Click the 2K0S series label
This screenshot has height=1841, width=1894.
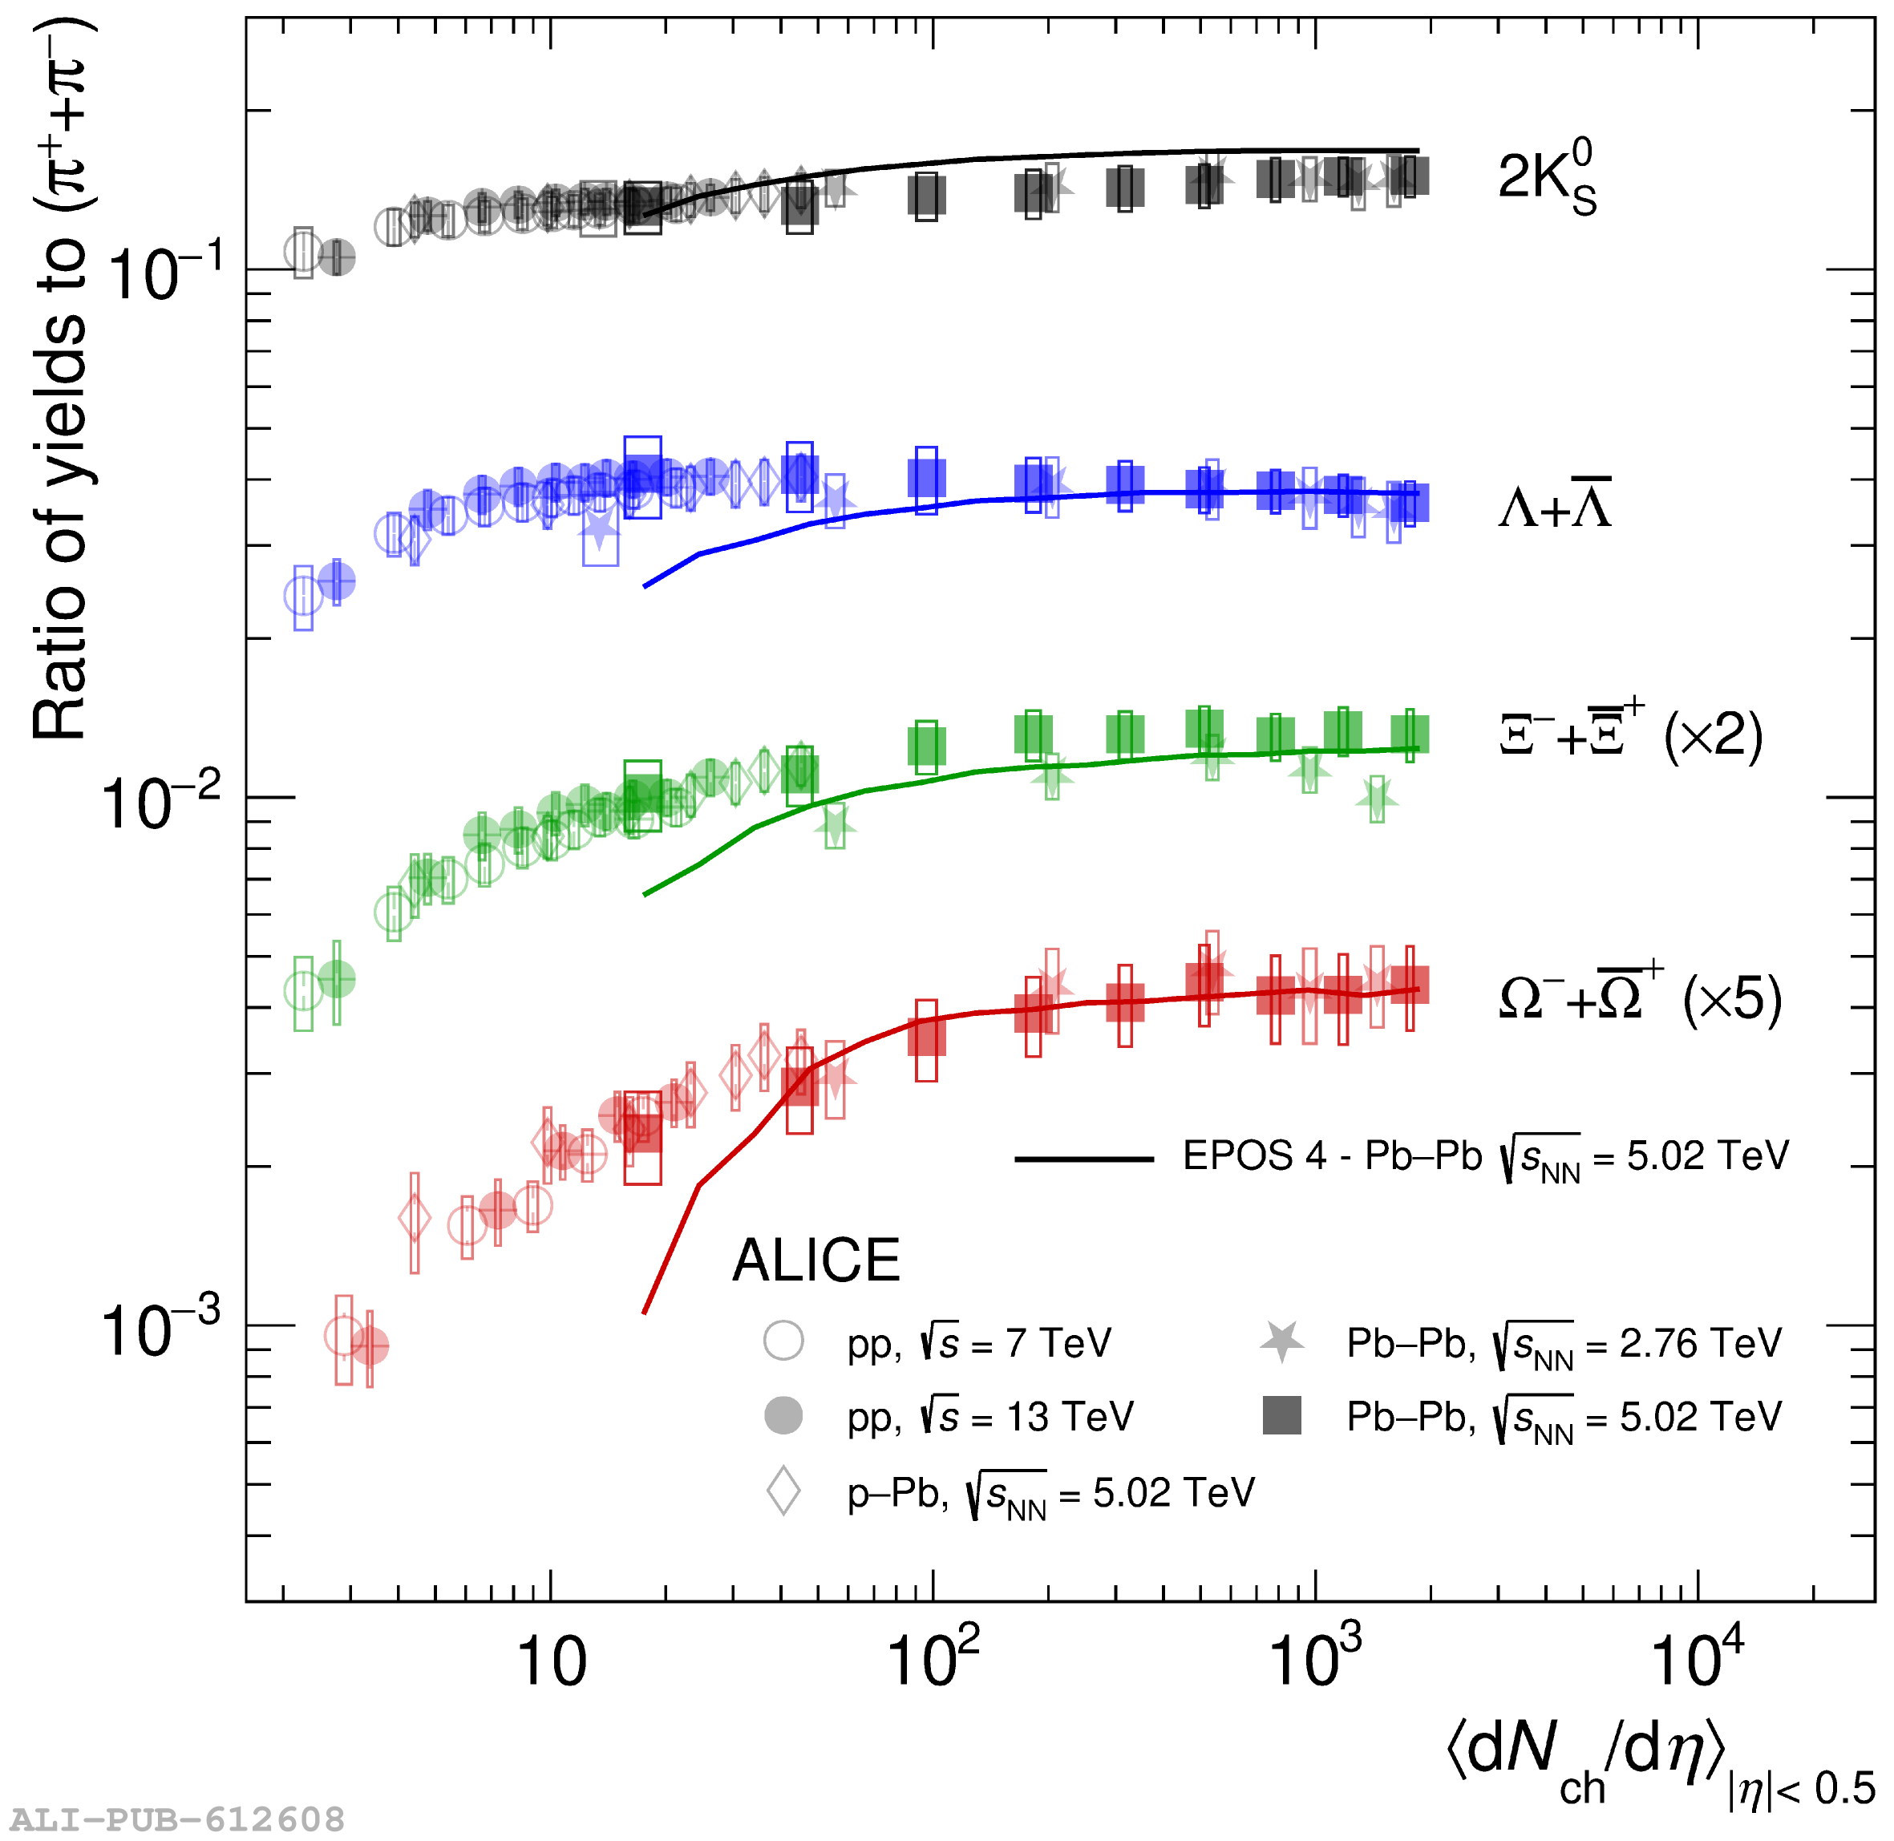pyautogui.click(x=1545, y=178)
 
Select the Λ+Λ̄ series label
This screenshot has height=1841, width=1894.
pyautogui.click(x=1554, y=504)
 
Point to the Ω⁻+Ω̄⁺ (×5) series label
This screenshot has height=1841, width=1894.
pyautogui.click(x=1640, y=997)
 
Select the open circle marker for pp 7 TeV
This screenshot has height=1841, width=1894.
pyautogui.click(x=783, y=1341)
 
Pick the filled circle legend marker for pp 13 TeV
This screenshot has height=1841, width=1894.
pyautogui.click(x=783, y=1415)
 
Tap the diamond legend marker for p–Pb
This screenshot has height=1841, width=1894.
pyautogui.click(x=783, y=1491)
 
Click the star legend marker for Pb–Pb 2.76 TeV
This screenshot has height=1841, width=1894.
pyautogui.click(x=1281, y=1341)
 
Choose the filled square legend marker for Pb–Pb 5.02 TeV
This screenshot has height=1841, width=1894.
pyautogui.click(x=1281, y=1415)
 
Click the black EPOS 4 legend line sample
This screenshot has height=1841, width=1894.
pyautogui.click(x=1083, y=1159)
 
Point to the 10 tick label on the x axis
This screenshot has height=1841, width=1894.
pyautogui.click(x=551, y=1663)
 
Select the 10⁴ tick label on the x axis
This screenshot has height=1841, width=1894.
pyautogui.click(x=1697, y=1658)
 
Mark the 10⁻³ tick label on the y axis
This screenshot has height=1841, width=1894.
pyautogui.click(x=160, y=1330)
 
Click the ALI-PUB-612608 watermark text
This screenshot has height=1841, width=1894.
pyautogui.click(x=177, y=1819)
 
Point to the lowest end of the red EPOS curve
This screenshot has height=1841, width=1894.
pyautogui.click(x=645, y=1312)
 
